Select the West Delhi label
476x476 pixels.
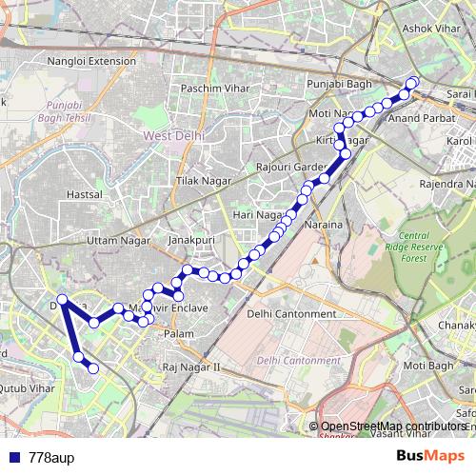coord(172,137)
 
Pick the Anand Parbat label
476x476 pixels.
coord(418,118)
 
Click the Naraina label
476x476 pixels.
coord(323,226)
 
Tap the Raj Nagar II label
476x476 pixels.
coord(190,366)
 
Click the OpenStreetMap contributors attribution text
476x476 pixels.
coord(394,426)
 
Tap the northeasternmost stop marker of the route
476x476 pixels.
coord(412,83)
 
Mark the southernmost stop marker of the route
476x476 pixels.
coord(93,368)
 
